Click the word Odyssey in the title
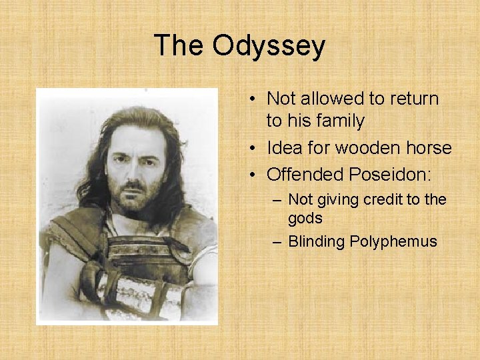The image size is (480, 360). [x=269, y=46]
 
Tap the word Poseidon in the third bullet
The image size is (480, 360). [x=390, y=175]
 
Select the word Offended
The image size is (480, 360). [x=304, y=175]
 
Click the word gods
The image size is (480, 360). [x=305, y=218]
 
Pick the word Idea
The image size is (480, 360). [x=284, y=147]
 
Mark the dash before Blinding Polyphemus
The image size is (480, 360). [x=277, y=241]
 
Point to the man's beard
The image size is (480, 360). [x=135, y=200]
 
